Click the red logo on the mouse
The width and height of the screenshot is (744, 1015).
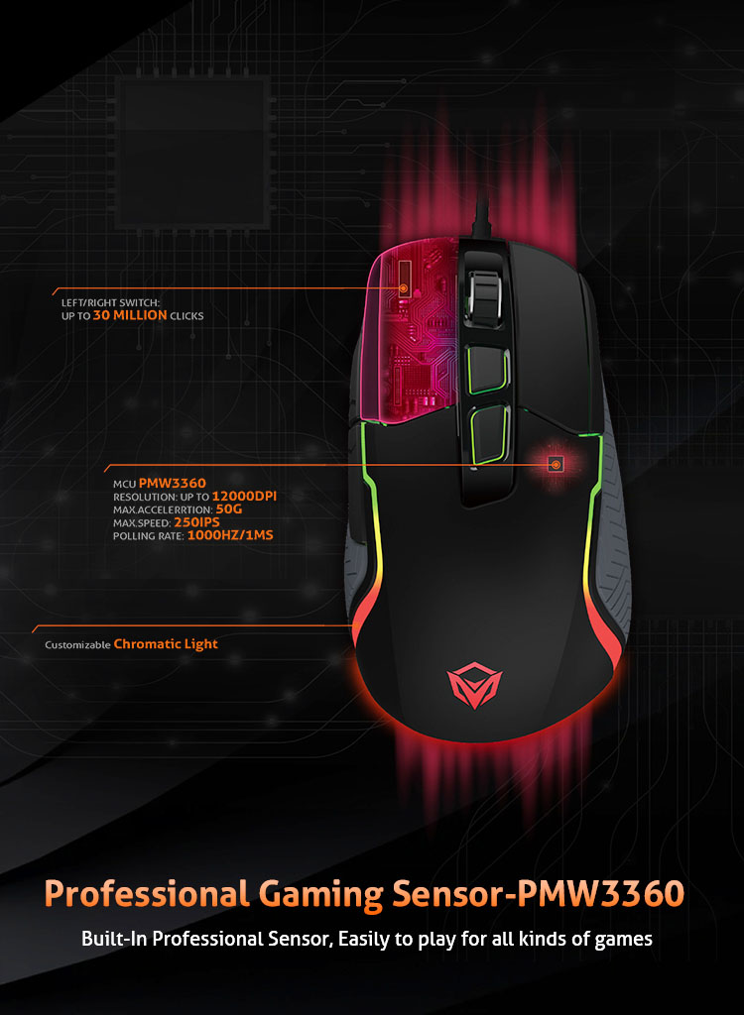pos(474,684)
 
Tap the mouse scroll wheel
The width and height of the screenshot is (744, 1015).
pos(483,295)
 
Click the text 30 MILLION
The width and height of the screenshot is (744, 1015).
pos(130,315)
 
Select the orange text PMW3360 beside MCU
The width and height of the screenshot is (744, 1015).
pos(173,483)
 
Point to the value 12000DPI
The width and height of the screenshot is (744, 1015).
pos(244,497)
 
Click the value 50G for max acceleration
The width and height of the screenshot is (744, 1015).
pos(229,509)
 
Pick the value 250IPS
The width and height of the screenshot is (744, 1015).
pos(197,522)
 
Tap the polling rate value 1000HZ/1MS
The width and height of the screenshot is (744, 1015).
pos(230,535)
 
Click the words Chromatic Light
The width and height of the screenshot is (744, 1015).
pos(166,644)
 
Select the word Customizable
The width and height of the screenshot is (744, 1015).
pos(77,644)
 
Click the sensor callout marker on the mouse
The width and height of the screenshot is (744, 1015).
pos(556,464)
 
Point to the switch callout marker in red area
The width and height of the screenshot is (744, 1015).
pos(403,288)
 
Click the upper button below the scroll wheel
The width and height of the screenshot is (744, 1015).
pos(487,370)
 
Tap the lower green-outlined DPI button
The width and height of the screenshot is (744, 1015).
pos(490,435)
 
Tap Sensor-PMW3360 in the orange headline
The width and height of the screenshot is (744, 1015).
pos(538,893)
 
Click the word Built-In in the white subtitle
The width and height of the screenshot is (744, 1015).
pos(114,938)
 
